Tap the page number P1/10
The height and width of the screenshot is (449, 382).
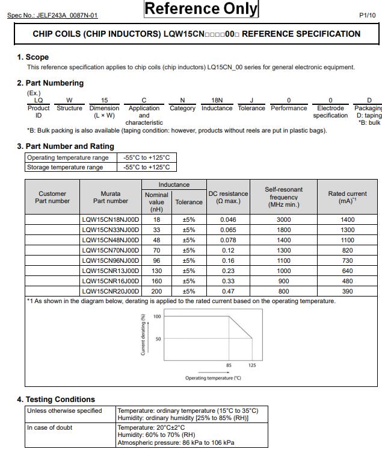[x=367, y=15]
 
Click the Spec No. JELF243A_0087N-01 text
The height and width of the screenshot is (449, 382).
[x=52, y=15]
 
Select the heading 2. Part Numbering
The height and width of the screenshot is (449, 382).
[x=50, y=83]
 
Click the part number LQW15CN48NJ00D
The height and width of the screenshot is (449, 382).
[x=110, y=240]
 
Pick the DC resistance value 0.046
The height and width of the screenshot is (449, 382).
[x=228, y=220]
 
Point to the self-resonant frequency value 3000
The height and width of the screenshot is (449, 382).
[x=283, y=220]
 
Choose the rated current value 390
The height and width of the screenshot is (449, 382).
[x=347, y=291]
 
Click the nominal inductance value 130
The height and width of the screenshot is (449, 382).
[x=156, y=271]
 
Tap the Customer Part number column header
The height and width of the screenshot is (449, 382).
[x=52, y=197]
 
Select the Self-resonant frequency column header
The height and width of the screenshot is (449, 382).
[x=283, y=197]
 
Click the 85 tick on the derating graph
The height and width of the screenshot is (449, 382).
[x=229, y=365]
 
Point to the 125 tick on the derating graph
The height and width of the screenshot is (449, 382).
[x=252, y=365]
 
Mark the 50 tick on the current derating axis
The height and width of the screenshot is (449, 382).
[x=157, y=339]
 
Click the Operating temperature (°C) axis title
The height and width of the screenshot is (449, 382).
[x=213, y=378]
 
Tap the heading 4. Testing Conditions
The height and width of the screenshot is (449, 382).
[x=55, y=400]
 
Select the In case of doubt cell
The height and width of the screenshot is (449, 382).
[x=50, y=427]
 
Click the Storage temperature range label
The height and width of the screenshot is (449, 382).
[x=65, y=167]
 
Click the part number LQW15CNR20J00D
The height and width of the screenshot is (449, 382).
[x=110, y=291]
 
